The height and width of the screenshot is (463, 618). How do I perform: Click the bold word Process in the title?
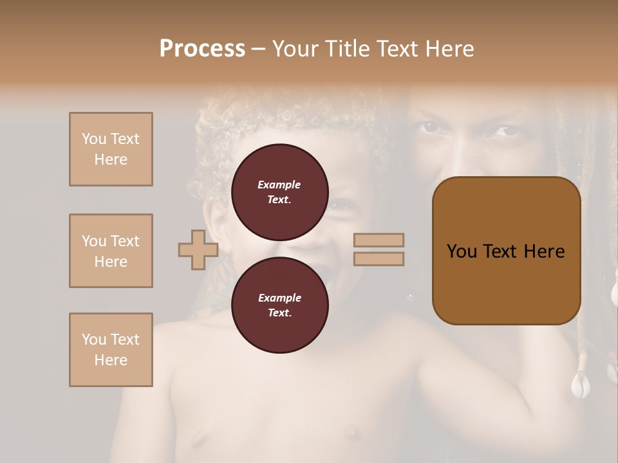point(202,49)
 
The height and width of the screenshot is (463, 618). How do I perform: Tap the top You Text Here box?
point(111,149)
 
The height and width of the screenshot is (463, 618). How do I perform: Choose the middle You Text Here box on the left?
point(111,251)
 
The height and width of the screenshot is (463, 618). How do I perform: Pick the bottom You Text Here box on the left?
point(111,350)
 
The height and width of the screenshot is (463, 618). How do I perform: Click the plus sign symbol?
point(198,250)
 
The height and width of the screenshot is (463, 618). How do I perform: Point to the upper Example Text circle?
point(279,192)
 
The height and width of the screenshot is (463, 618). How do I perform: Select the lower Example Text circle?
point(279,305)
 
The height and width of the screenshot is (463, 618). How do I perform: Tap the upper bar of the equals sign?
point(379,241)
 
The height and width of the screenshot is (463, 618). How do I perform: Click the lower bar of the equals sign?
point(379,259)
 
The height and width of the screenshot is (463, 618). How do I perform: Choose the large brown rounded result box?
point(506,251)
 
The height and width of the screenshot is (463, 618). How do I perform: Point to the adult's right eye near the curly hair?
point(430,127)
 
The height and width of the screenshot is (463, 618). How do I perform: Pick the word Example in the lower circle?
point(279,298)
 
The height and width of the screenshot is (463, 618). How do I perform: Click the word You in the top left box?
point(94,139)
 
